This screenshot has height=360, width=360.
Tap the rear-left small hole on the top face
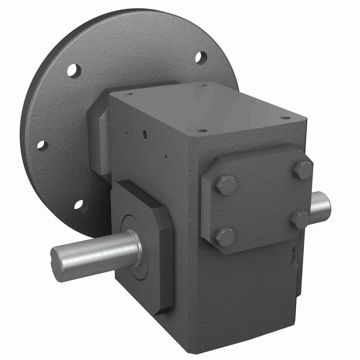pos(129,94)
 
